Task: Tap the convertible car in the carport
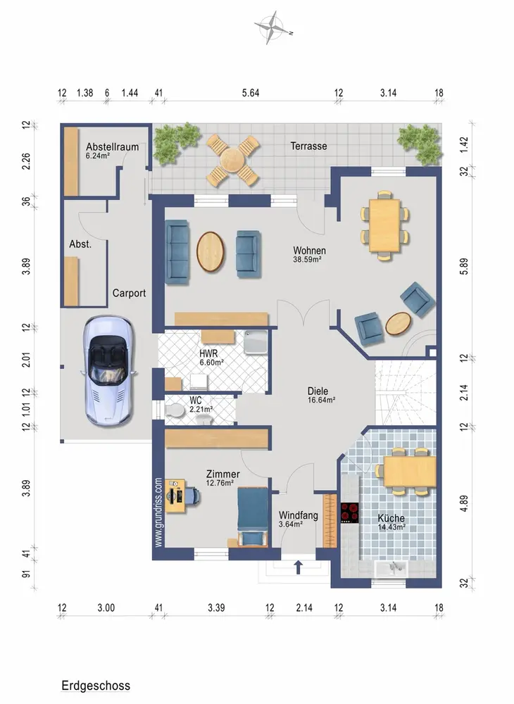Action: [x=107, y=371]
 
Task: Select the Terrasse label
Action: [x=308, y=146]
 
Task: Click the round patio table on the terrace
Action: [x=233, y=160]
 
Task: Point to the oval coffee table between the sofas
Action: [x=211, y=251]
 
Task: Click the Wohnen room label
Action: [x=309, y=251]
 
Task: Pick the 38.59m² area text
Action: [x=307, y=259]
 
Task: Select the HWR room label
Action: [x=208, y=354]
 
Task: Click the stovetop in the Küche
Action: [x=350, y=513]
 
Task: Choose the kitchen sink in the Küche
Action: [x=391, y=568]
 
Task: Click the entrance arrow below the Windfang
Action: [x=298, y=567]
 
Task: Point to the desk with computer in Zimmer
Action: [x=175, y=496]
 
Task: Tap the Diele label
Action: [x=318, y=391]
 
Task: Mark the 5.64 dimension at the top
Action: [x=251, y=93]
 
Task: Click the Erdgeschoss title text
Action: [x=96, y=686]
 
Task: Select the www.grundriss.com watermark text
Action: [x=158, y=513]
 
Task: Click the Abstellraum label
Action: [x=112, y=147]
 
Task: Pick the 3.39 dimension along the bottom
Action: [x=216, y=608]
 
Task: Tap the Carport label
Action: [x=129, y=293]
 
